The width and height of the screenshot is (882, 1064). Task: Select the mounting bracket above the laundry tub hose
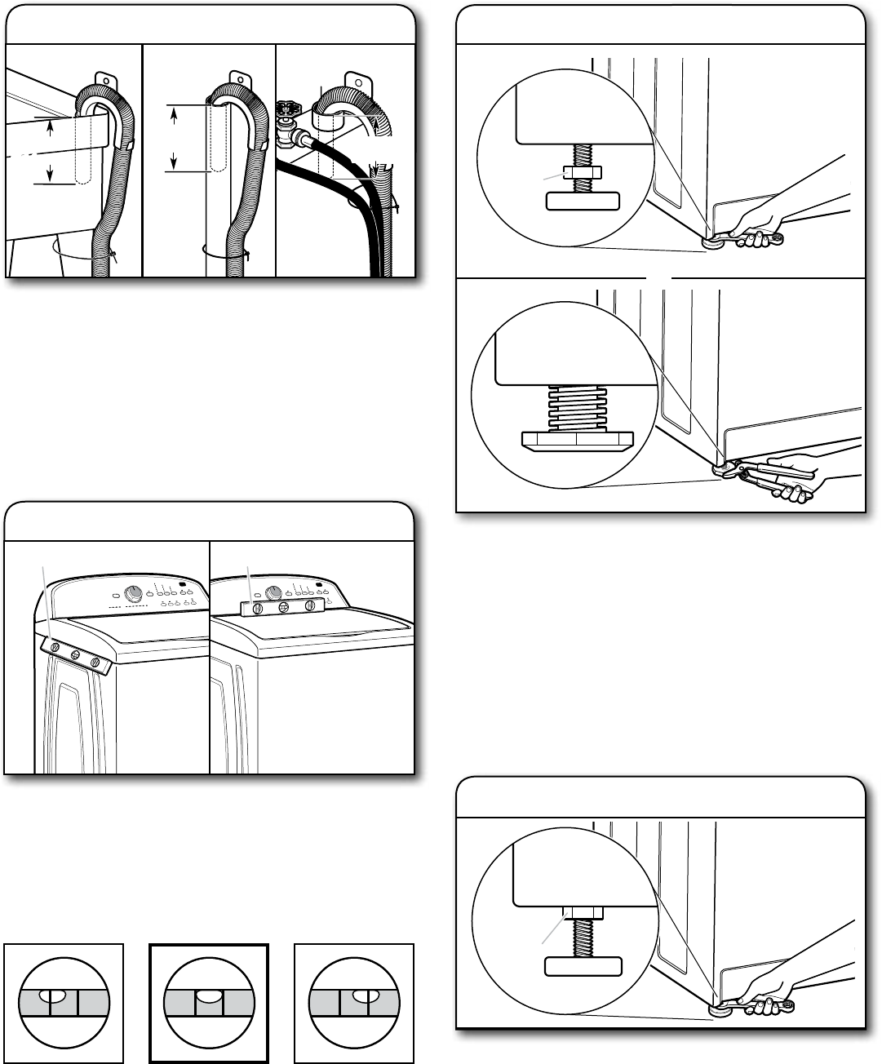point(104,80)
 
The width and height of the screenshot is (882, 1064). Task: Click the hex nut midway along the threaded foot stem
point(583,172)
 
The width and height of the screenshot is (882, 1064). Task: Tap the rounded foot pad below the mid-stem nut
point(583,201)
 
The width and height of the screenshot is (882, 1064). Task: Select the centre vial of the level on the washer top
point(281,607)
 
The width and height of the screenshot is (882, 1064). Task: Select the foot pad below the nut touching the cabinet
point(583,967)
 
